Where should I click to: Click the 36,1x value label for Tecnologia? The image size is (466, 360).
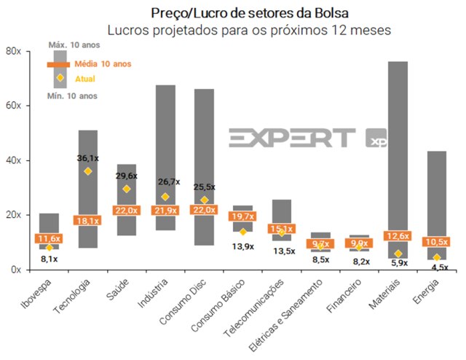(x=88, y=158)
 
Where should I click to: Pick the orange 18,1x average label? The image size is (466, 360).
(x=87, y=220)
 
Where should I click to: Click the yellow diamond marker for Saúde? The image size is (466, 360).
(x=127, y=189)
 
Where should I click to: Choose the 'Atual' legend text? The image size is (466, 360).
(x=85, y=78)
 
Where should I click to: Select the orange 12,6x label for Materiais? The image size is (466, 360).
(x=398, y=235)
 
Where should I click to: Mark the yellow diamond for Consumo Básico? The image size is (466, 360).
(x=243, y=232)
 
